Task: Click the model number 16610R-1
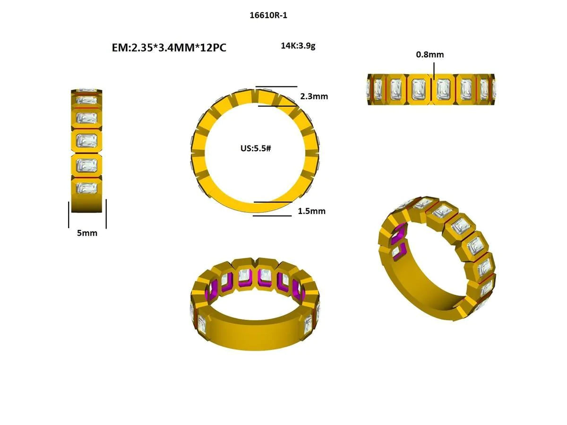[x=268, y=15]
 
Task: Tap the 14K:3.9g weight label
[x=298, y=46]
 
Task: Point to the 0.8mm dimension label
[x=430, y=54]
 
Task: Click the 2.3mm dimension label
[x=314, y=96]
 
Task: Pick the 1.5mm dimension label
[x=311, y=211]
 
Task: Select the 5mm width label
[x=87, y=233]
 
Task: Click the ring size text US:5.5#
[x=255, y=148]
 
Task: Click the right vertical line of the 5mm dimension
[x=106, y=213]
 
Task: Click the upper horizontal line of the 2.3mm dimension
[x=276, y=87]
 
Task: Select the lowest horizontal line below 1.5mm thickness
[x=272, y=216]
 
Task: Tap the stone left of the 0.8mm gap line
[x=418, y=88]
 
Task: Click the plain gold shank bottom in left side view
[x=86, y=204]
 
